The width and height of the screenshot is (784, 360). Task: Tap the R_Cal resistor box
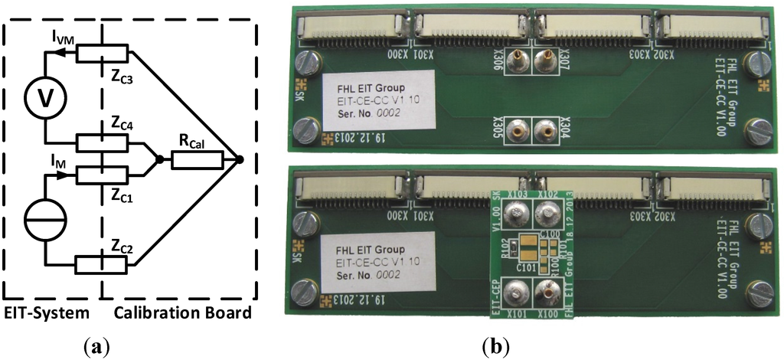point(198,159)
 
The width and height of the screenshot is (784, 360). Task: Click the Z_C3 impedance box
point(101,53)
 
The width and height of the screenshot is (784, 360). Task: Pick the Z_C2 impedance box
point(101,265)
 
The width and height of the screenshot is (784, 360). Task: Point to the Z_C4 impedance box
point(101,142)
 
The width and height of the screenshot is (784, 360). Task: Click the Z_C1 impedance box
point(101,175)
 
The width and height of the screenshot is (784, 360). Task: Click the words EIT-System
point(46,313)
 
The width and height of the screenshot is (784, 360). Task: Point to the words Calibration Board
point(180,313)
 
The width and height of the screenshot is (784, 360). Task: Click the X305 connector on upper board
point(518,129)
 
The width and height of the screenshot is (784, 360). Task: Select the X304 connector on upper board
point(547,129)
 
